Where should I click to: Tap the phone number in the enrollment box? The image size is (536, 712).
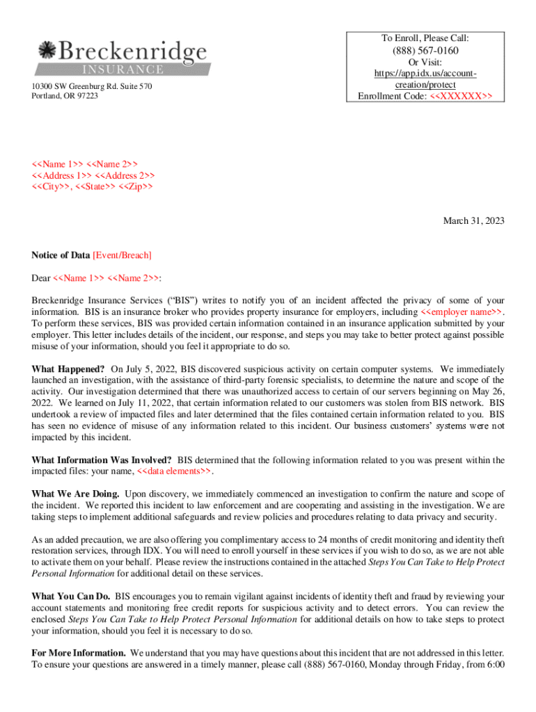[x=425, y=51]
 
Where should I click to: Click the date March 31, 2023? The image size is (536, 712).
[x=473, y=221]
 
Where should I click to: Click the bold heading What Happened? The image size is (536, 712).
[x=68, y=369]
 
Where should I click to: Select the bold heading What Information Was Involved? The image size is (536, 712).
[x=102, y=460]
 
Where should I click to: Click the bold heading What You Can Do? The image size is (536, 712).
[x=71, y=597]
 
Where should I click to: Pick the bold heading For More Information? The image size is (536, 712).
[x=79, y=654]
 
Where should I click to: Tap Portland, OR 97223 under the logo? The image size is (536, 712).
[x=65, y=96]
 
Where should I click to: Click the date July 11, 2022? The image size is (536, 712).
[x=131, y=403]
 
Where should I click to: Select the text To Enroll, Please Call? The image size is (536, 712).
[x=425, y=38]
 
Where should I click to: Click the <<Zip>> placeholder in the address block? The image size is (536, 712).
[x=136, y=187]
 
